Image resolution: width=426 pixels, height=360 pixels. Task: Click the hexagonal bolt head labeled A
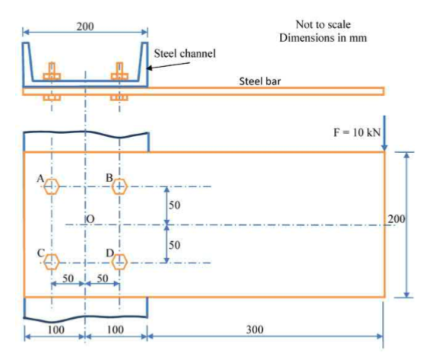point(52,186)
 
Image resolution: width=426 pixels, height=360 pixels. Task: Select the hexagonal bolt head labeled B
point(119,186)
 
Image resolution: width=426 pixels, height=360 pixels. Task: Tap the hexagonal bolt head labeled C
point(52,262)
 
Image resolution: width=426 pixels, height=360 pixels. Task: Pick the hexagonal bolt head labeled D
point(119,262)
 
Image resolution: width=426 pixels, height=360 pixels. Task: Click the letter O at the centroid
point(91,219)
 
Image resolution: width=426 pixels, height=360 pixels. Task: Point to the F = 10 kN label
point(357,132)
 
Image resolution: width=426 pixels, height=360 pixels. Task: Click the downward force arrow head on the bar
point(384,147)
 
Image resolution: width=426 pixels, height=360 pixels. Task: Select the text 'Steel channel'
point(185,53)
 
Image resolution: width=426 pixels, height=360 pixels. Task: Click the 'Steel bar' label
point(259,81)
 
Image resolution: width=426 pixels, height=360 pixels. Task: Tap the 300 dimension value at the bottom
point(255,330)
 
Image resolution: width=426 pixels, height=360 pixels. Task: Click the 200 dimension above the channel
point(85,27)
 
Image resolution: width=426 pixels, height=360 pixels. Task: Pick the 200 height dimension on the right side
point(396,219)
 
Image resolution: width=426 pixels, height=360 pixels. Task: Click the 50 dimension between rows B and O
point(174,205)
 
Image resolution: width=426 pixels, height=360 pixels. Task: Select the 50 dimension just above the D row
point(174,245)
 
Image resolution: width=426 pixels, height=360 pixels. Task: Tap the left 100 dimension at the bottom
point(56,330)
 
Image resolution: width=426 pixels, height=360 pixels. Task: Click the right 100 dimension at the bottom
point(116,330)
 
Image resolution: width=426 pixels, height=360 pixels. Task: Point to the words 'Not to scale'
point(323,24)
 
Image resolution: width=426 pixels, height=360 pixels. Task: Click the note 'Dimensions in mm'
point(323,37)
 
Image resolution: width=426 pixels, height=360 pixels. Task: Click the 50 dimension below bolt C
point(68,279)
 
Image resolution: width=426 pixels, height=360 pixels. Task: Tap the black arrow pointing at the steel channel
point(168,65)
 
